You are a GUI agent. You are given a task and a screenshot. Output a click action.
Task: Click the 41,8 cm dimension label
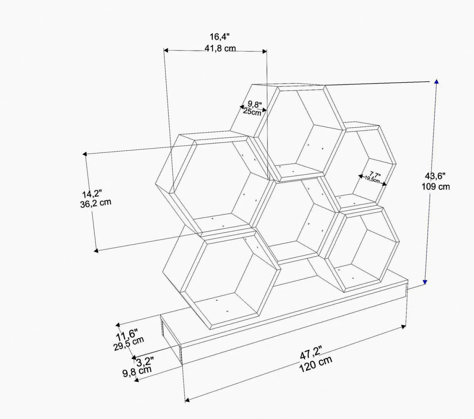click(220, 49)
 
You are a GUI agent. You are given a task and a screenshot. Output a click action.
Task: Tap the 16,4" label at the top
click(219, 37)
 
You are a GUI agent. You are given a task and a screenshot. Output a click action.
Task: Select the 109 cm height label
click(436, 187)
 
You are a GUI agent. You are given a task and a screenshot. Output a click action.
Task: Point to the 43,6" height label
click(435, 176)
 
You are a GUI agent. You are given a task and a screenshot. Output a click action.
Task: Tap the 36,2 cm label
click(95, 203)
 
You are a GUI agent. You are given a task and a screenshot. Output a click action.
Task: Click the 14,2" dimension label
click(92, 194)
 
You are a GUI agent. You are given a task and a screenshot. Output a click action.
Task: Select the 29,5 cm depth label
click(129, 344)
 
